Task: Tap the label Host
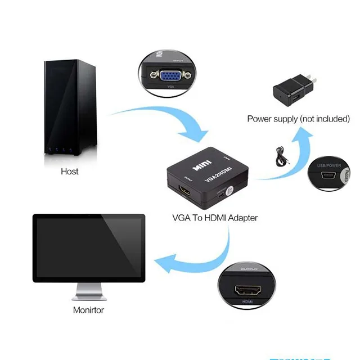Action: pyautogui.click(x=70, y=171)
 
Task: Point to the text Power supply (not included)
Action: pyautogui.click(x=298, y=119)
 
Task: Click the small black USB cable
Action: pyautogui.click(x=280, y=155)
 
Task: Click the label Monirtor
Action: pyautogui.click(x=88, y=309)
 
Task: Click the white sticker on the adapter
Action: pyautogui.click(x=229, y=191)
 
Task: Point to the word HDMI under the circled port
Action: pyautogui.click(x=247, y=302)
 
